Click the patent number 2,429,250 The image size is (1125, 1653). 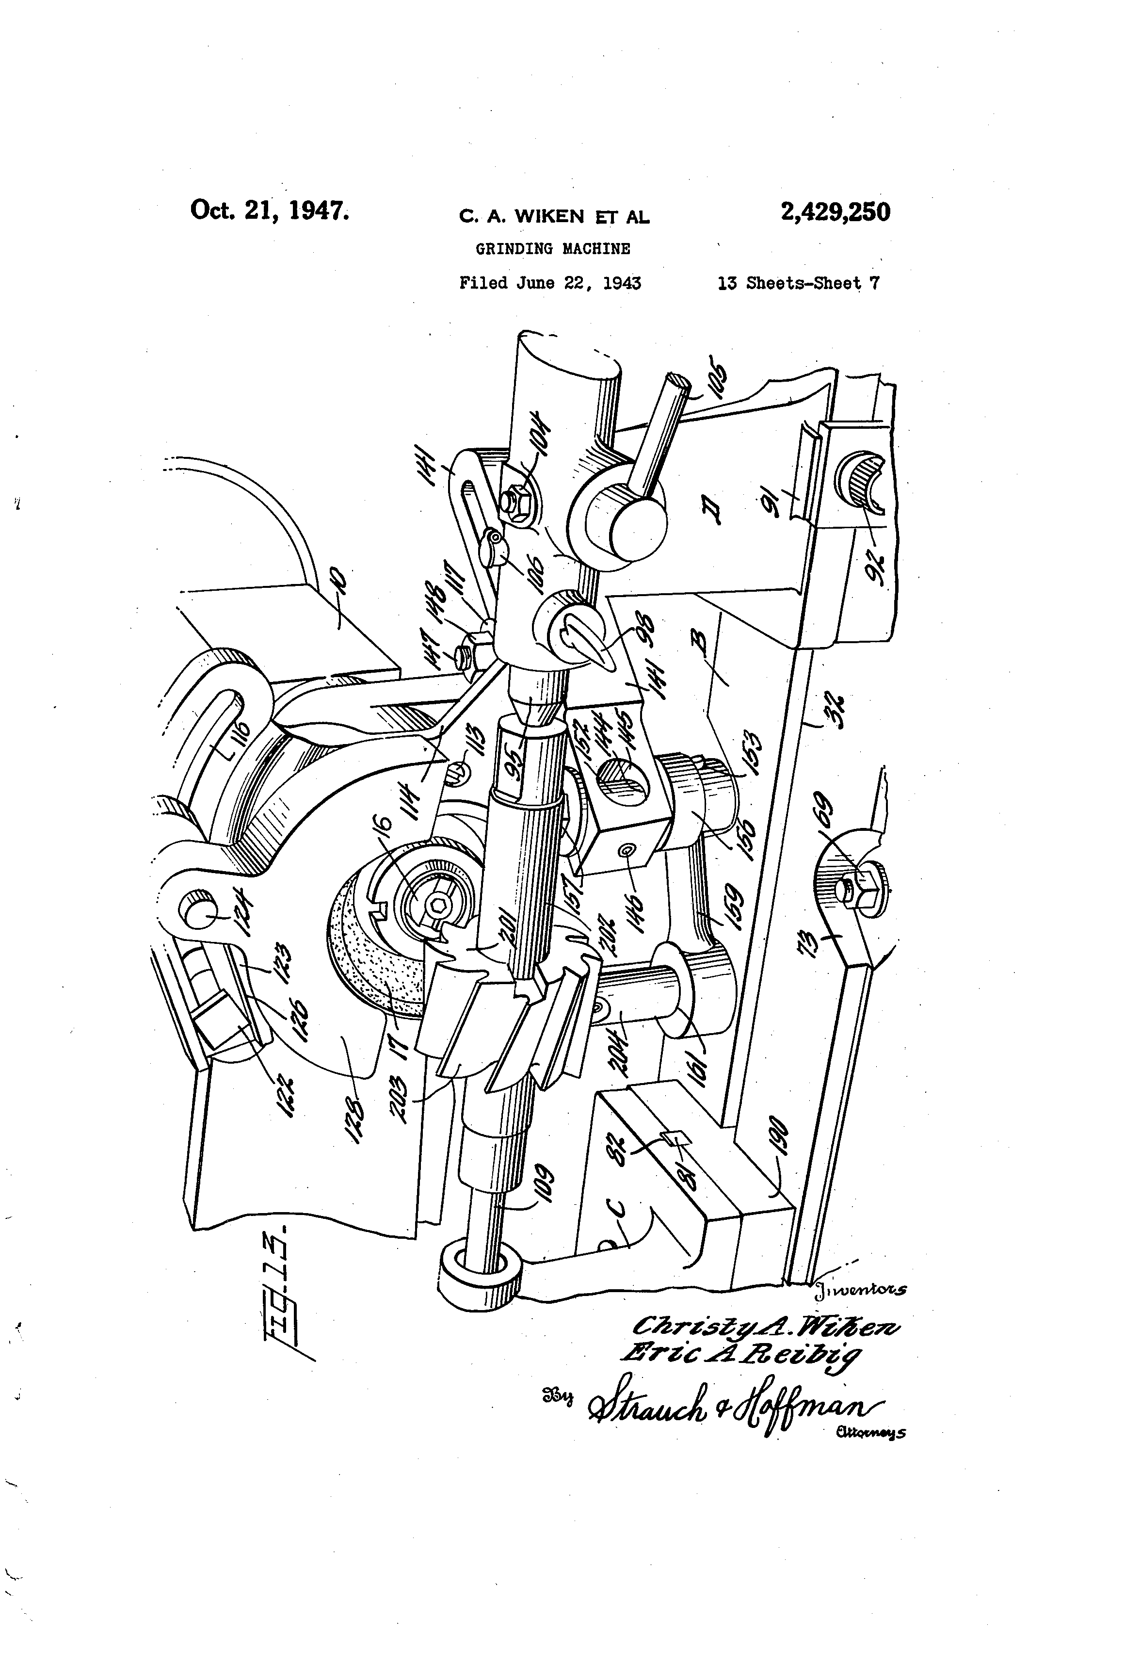(x=835, y=212)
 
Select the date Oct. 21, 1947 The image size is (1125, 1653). (x=270, y=211)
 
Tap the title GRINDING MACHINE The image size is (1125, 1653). (x=552, y=249)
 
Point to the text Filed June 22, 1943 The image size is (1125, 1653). (x=550, y=283)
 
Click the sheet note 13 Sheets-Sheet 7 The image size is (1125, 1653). (x=798, y=283)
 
